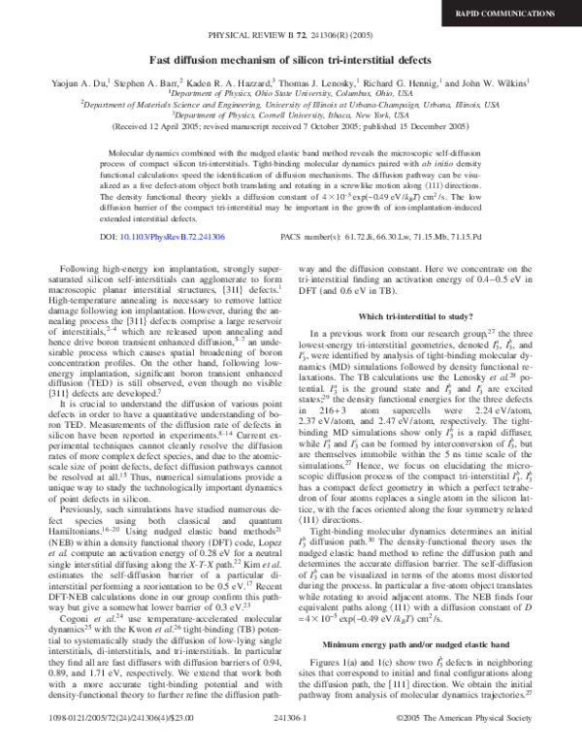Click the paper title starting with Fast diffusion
291,57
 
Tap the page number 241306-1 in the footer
291,742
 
